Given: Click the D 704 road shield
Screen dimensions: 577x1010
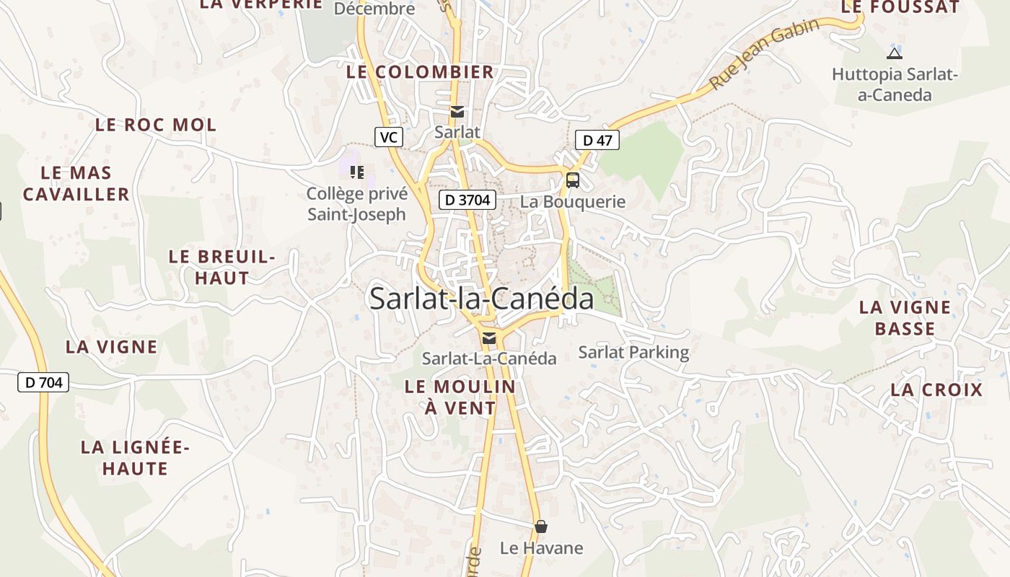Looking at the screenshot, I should pyautogui.click(x=43, y=382).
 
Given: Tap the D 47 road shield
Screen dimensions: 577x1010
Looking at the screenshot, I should pyautogui.click(x=597, y=140).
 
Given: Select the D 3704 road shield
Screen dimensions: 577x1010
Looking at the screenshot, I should pyautogui.click(x=467, y=200).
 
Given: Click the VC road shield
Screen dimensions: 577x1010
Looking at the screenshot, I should pyautogui.click(x=389, y=136).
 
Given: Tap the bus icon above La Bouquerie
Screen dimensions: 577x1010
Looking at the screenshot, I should pyautogui.click(x=573, y=180).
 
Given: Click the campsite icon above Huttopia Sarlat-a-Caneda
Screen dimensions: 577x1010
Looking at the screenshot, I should pyautogui.click(x=894, y=53).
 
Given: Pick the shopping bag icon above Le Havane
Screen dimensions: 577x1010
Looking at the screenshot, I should pyautogui.click(x=541, y=527).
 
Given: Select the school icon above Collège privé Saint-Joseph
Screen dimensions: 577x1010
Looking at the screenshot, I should pyautogui.click(x=357, y=172).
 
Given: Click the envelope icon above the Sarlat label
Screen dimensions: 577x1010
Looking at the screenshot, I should pyautogui.click(x=457, y=112).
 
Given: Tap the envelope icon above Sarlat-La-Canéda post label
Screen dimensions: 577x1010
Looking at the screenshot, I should pyautogui.click(x=489, y=338).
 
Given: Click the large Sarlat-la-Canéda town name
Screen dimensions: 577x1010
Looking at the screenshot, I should pyautogui.click(x=481, y=299).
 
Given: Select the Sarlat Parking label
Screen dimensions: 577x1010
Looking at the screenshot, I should pyautogui.click(x=633, y=352).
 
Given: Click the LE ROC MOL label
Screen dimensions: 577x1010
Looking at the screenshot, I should pyautogui.click(x=156, y=125).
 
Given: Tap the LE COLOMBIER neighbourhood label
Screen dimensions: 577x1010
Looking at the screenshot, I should pyautogui.click(x=420, y=72).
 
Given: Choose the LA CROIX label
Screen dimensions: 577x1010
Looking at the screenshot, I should pyautogui.click(x=936, y=390).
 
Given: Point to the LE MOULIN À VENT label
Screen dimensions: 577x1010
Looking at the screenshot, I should pyautogui.click(x=460, y=397).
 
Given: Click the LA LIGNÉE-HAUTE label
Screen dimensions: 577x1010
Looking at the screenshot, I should pyautogui.click(x=135, y=458).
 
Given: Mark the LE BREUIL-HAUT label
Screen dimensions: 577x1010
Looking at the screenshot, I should pyautogui.click(x=222, y=267).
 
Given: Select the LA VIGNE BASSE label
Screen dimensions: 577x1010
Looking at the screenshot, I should pyautogui.click(x=905, y=318).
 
